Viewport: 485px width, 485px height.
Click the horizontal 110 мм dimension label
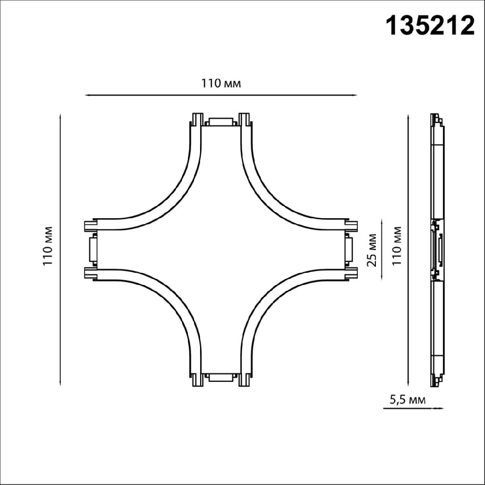221,84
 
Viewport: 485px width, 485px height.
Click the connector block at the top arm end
221,122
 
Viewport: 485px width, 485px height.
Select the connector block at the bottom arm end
221,377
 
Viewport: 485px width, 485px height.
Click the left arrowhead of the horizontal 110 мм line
86,95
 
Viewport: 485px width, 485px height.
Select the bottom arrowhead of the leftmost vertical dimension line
60,384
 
